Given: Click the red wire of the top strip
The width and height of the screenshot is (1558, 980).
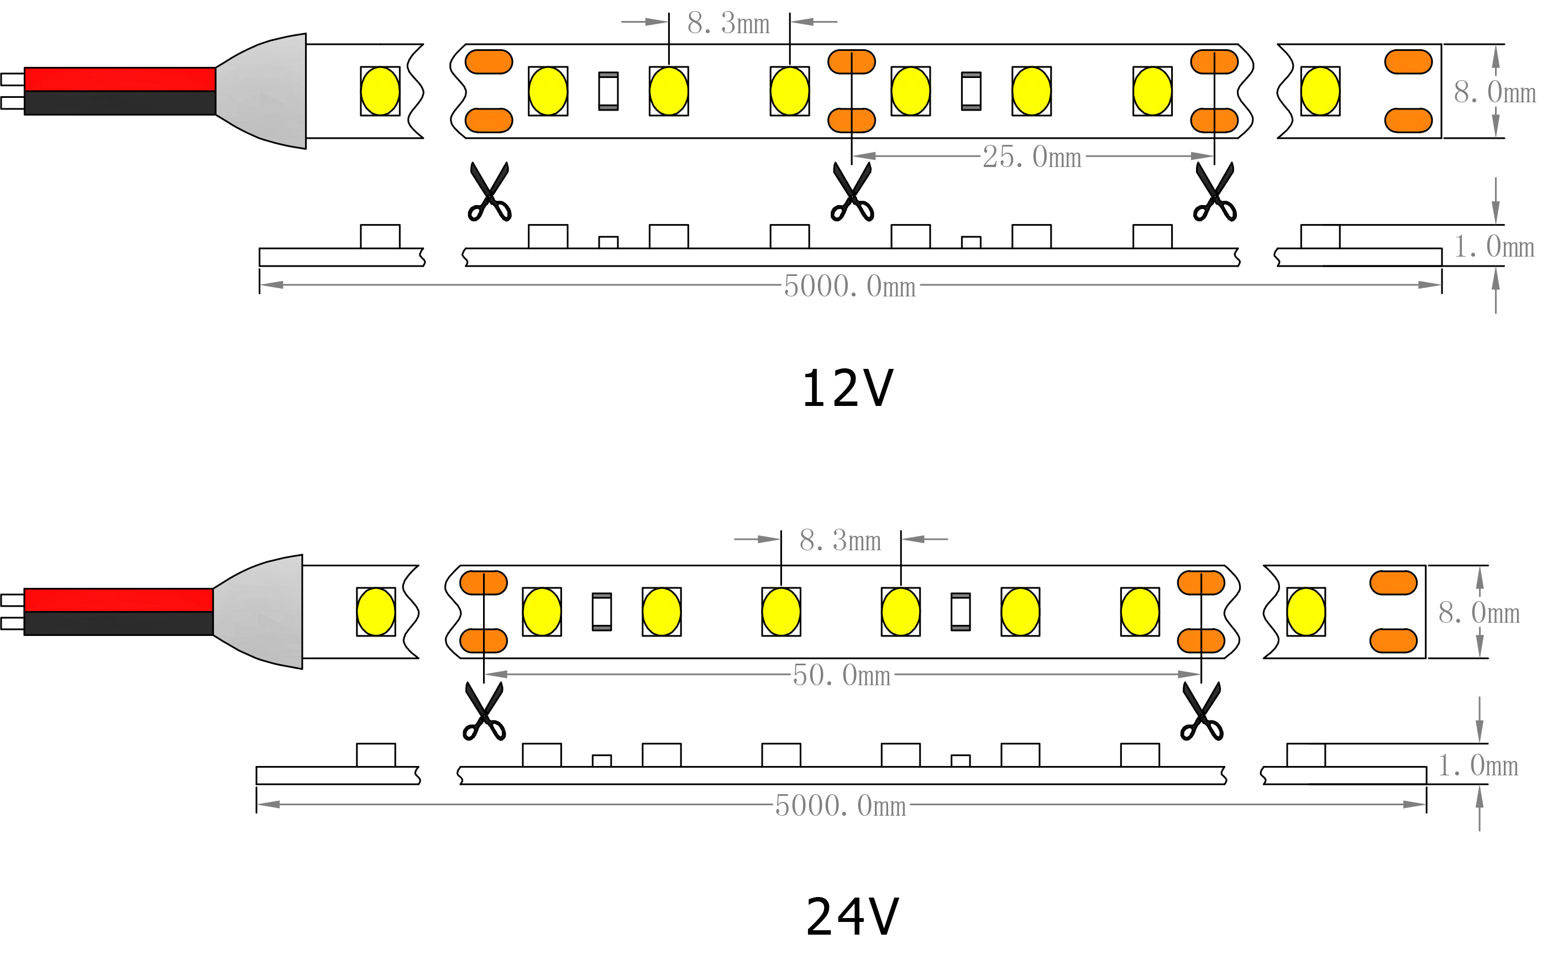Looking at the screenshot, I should pyautogui.click(x=120, y=79).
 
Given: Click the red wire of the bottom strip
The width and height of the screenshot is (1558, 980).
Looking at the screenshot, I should pyautogui.click(x=118, y=600).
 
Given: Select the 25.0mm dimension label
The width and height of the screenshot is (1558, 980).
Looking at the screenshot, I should pyautogui.click(x=1032, y=157).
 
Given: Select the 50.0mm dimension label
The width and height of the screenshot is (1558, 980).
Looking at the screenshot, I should pyautogui.click(x=842, y=676).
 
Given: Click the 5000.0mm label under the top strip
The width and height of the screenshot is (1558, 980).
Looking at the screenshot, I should pyautogui.click(x=849, y=286).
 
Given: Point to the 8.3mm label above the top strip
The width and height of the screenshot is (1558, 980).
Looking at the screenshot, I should pyautogui.click(x=728, y=24).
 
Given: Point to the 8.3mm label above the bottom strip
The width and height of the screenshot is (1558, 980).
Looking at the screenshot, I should pyautogui.click(x=840, y=540).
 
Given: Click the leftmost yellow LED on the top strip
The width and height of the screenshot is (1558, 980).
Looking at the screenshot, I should pyautogui.click(x=380, y=91).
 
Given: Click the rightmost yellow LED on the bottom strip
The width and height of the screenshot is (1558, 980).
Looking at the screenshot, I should pyautogui.click(x=1305, y=612).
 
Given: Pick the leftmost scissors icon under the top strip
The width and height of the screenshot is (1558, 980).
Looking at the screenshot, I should pyautogui.click(x=490, y=192).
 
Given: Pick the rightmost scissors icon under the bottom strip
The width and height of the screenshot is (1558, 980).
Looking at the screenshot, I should pyautogui.click(x=1202, y=711).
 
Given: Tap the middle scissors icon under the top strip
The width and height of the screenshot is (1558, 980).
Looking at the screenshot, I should pyautogui.click(x=852, y=192).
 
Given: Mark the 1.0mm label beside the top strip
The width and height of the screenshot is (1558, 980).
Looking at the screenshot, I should pyautogui.click(x=1493, y=247).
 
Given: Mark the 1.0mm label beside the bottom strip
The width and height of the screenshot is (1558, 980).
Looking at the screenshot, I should pyautogui.click(x=1478, y=767).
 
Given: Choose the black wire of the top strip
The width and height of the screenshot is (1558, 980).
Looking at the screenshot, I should pyautogui.click(x=120, y=103).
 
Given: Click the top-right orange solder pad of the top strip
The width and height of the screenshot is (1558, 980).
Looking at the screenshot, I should pyautogui.click(x=1408, y=62).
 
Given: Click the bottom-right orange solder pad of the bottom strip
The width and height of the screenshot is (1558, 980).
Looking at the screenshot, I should pyautogui.click(x=1393, y=641).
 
